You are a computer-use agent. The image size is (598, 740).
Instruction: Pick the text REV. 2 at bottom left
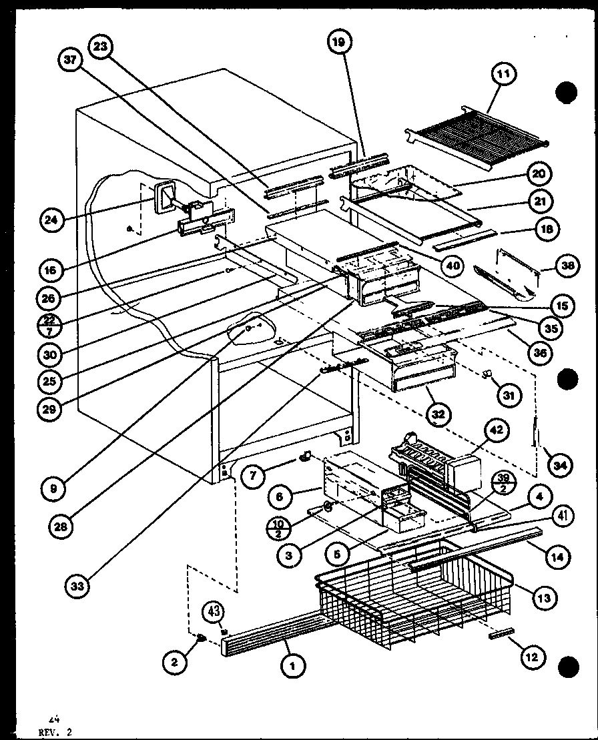(56, 732)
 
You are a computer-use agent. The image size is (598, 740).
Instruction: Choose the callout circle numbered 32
(437, 414)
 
